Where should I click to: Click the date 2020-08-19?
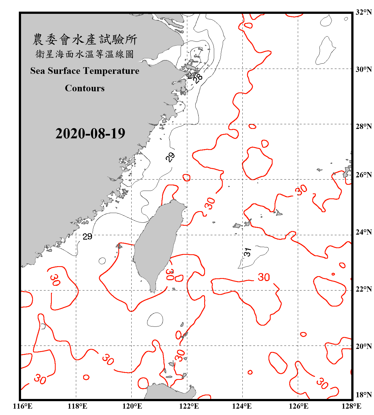(90, 134)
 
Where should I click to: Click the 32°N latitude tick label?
(363, 12)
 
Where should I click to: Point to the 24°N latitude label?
(363, 232)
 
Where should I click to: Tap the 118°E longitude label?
(77, 406)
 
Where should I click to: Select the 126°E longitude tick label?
(298, 406)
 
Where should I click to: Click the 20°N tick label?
(363, 346)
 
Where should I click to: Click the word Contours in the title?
(85, 88)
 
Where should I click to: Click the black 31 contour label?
(247, 252)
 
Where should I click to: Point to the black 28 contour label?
(198, 78)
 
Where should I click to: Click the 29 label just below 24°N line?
(87, 237)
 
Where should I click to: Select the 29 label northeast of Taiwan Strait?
(170, 157)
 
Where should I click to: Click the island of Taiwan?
(158, 243)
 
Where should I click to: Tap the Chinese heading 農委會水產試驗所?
(85, 40)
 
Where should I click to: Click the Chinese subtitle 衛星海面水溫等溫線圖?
(85, 54)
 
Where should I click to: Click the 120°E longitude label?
(132, 406)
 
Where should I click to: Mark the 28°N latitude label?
(363, 126)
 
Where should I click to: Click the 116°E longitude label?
(23, 406)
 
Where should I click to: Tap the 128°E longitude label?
(351, 406)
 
